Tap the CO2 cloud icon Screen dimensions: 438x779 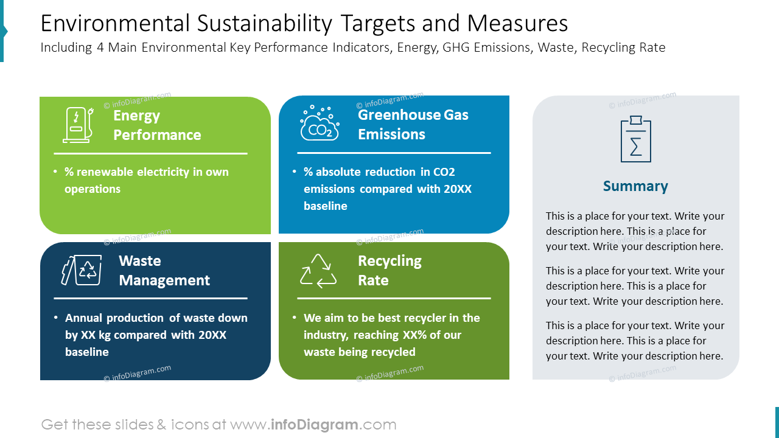coord(320,123)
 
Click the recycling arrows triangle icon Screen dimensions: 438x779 coord(318,271)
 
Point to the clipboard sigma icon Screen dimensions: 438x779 coord(635,139)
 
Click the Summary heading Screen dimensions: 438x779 coord(635,186)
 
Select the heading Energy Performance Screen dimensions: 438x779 coord(157,125)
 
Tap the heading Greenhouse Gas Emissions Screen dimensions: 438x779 coord(413,124)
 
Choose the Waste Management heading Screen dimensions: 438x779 coord(164,271)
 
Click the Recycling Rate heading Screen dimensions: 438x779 coord(389,271)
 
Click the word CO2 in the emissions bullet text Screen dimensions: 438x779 coord(444,172)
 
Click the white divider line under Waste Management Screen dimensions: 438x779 coord(150,299)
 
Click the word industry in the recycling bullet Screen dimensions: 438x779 coord(326,335)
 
